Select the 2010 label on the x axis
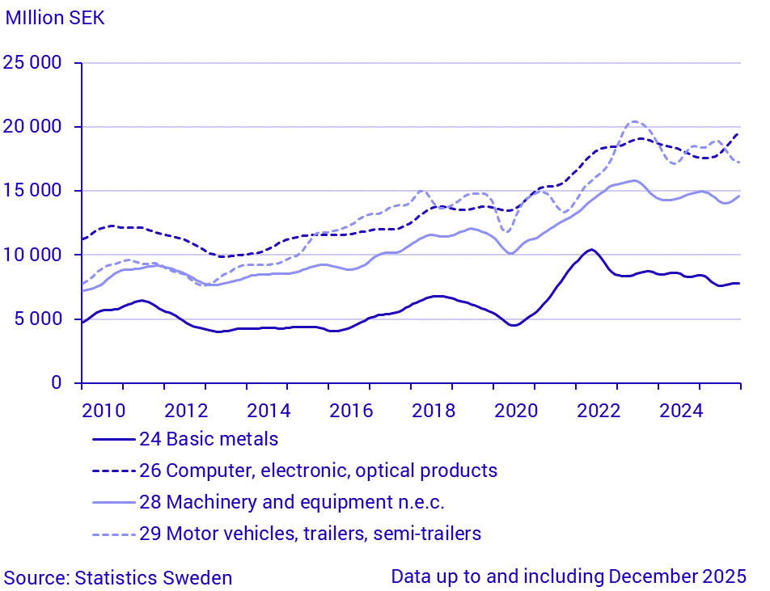pos(104,410)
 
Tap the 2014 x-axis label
pos(269,410)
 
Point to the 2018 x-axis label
pos(434,410)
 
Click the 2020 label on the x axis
pos(516,410)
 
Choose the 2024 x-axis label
pos(681,410)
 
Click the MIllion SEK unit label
pos(55,17)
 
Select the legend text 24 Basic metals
pos(209,439)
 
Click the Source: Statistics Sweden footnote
pos(118,577)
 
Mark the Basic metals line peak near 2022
pos(591,249)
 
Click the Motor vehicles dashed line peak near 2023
pos(635,122)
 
